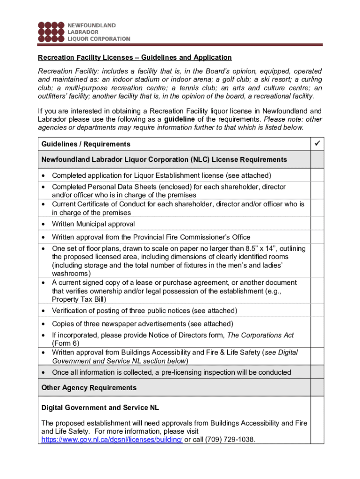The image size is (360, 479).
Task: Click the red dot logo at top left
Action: pos(50,32)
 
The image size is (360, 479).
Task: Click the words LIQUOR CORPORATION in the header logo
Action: pos(99,39)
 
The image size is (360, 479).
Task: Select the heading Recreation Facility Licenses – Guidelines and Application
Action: pos(135,58)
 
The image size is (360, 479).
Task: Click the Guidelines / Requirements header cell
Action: pos(86,144)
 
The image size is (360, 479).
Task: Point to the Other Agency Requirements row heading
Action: pos(89,388)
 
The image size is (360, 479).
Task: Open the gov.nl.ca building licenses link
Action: pos(112,440)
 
